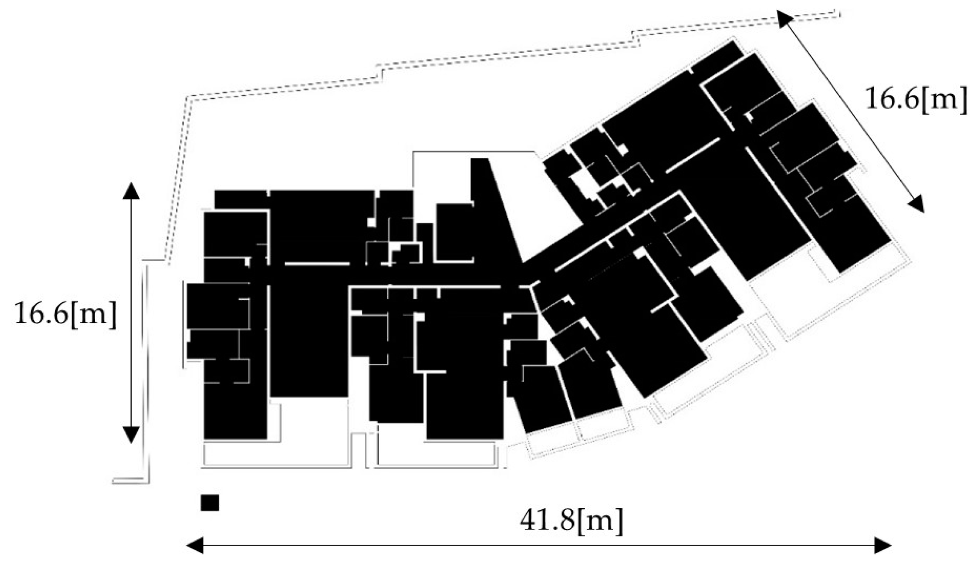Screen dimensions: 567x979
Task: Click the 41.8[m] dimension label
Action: (571, 520)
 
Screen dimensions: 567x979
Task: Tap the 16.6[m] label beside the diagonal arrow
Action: (916, 98)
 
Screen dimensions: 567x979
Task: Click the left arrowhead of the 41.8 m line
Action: (194, 545)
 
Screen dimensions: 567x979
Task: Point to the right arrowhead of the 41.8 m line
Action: (883, 545)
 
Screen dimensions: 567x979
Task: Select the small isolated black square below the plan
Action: (210, 503)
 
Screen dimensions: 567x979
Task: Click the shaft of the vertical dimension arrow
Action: (131, 311)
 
